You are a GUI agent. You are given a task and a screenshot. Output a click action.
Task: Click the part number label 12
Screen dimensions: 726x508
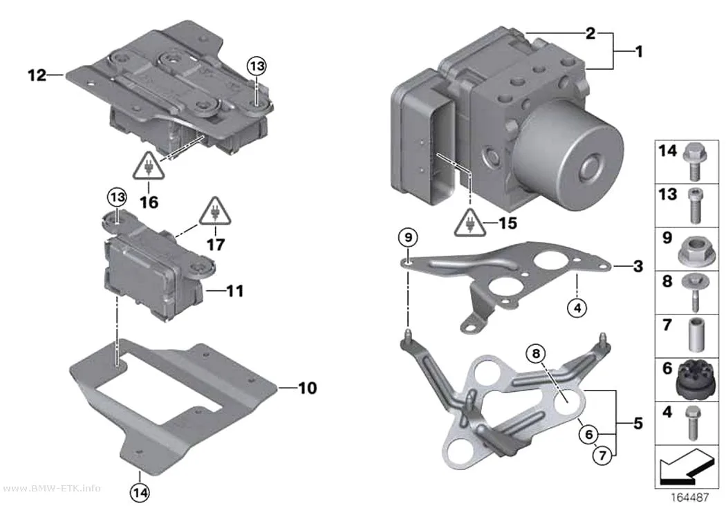tap(37, 75)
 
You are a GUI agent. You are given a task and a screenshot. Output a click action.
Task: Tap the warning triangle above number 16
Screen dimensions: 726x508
tap(149, 167)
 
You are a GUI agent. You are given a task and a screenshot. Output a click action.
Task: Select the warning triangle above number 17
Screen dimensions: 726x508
tap(215, 212)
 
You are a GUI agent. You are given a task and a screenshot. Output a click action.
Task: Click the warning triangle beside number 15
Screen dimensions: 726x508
tap(470, 223)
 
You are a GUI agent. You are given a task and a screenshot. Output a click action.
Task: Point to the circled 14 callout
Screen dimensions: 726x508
tap(140, 493)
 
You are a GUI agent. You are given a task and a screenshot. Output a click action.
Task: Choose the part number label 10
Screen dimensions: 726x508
tap(308, 388)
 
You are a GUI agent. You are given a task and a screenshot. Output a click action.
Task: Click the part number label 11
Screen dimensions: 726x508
tap(235, 291)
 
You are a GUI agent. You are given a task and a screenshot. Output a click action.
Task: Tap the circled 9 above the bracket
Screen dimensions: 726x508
tap(408, 238)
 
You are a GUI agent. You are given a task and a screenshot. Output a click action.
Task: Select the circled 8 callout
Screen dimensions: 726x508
tap(536, 354)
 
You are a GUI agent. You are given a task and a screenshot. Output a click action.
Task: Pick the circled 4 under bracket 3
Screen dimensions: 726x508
tap(577, 308)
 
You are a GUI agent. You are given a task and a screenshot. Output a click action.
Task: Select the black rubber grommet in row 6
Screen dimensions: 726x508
tap(691, 380)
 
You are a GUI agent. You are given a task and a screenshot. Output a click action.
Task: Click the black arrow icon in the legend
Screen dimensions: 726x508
tap(687, 467)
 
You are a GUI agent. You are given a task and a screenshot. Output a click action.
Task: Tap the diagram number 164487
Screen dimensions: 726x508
tap(690, 498)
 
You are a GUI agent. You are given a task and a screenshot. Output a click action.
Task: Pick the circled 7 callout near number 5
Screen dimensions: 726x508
tap(602, 455)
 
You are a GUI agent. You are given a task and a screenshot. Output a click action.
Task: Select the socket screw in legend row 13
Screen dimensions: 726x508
tap(692, 205)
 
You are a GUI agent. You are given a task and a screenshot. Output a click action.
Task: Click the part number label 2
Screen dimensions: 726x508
tap(590, 33)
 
